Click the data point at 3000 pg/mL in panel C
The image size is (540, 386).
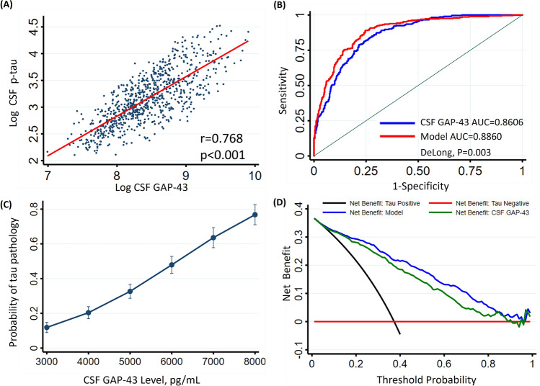pyautogui.click(x=47, y=328)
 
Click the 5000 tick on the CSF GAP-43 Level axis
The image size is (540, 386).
pyautogui.click(x=130, y=359)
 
